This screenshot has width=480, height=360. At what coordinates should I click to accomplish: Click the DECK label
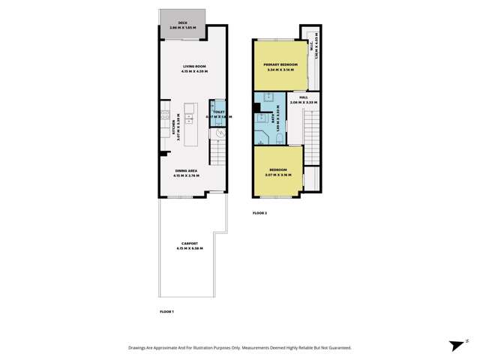[184, 22]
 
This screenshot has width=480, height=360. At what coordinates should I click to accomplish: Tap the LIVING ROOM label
[194, 67]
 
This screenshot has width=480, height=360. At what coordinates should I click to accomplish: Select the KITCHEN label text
[174, 125]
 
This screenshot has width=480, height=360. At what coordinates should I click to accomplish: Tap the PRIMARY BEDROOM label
[280, 65]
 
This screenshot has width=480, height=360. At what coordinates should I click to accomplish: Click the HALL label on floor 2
[303, 97]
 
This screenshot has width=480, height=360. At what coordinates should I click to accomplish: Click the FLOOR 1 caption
[166, 310]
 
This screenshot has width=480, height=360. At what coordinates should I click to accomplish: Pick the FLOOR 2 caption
[260, 214]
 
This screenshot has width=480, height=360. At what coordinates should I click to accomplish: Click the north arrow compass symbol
[455, 346]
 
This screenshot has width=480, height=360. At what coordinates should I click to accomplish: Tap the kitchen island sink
[192, 121]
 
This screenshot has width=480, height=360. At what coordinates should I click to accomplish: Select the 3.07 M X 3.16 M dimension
[278, 175]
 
